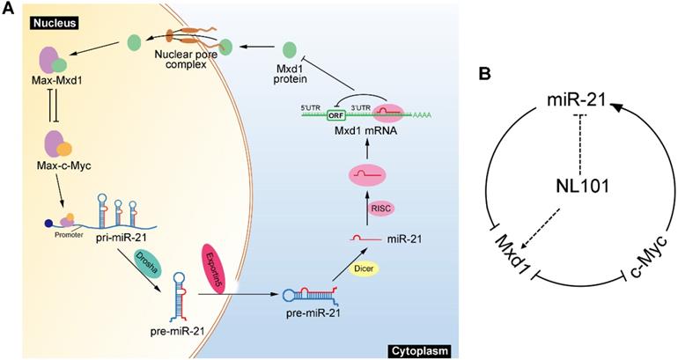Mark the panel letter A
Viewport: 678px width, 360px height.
pyautogui.click(x=8, y=8)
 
